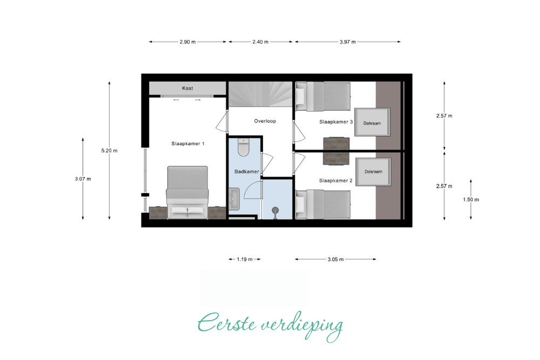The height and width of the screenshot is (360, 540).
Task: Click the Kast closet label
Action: pyautogui.click(x=187, y=89)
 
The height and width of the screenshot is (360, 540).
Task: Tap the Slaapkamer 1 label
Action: pyautogui.click(x=188, y=144)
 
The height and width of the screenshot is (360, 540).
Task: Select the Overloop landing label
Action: pyautogui.click(x=265, y=121)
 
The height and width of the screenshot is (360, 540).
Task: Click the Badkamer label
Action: pyautogui.click(x=247, y=172)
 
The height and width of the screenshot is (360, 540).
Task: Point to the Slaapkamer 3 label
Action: pyautogui.click(x=336, y=122)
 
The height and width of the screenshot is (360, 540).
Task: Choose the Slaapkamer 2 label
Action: pyautogui.click(x=336, y=180)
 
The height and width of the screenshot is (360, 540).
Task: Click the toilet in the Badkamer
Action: pyautogui.click(x=244, y=147)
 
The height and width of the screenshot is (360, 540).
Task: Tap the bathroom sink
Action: pyautogui.click(x=234, y=199)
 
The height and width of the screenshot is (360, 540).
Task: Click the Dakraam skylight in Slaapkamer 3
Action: pyautogui.click(x=372, y=123)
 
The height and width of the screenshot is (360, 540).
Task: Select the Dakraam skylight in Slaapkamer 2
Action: pyautogui.click(x=373, y=172)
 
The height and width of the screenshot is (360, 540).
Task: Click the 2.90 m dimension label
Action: pyautogui.click(x=188, y=42)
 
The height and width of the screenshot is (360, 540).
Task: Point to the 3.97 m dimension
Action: pyautogui.click(x=348, y=42)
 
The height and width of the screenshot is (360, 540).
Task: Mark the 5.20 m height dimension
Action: pyautogui.click(x=109, y=151)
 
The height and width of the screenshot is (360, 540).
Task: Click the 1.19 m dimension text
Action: pyautogui.click(x=245, y=259)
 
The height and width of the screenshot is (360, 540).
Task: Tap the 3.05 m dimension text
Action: pyautogui.click(x=335, y=259)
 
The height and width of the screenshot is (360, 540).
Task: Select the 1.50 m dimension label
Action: pyautogui.click(x=471, y=200)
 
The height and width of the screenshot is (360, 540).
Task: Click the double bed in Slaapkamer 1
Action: pyautogui.click(x=188, y=193)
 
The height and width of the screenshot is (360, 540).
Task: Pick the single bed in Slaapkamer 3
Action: pyautogui.click(x=323, y=97)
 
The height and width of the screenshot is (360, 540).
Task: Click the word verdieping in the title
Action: pyautogui.click(x=302, y=326)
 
